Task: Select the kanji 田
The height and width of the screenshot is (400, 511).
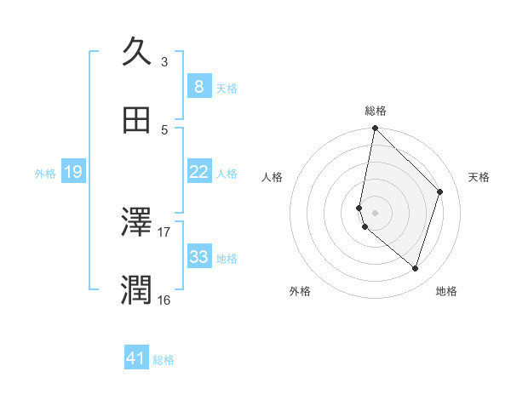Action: (138, 120)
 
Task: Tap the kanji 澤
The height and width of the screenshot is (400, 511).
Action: (138, 223)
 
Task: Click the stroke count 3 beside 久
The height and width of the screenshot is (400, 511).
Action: (164, 61)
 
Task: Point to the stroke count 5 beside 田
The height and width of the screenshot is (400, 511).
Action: (164, 129)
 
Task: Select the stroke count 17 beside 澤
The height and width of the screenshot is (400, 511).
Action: (164, 231)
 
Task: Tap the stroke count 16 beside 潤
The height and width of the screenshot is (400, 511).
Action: (164, 300)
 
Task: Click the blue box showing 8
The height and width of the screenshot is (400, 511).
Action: (198, 86)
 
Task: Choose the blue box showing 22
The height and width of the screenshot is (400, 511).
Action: (198, 172)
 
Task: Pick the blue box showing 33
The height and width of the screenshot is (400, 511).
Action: (198, 257)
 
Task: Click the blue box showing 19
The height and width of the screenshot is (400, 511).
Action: (72, 172)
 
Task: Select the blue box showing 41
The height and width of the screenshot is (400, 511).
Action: (136, 359)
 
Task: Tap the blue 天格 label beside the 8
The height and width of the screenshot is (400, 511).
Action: (227, 88)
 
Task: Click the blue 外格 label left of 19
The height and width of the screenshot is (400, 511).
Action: (45, 173)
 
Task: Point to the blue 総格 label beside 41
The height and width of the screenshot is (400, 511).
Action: (164, 360)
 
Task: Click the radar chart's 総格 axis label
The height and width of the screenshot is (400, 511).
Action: (376, 111)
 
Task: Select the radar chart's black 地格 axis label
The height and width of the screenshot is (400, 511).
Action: (446, 291)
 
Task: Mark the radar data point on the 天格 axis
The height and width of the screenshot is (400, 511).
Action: (440, 191)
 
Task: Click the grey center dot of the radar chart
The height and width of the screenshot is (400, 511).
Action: (375, 212)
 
